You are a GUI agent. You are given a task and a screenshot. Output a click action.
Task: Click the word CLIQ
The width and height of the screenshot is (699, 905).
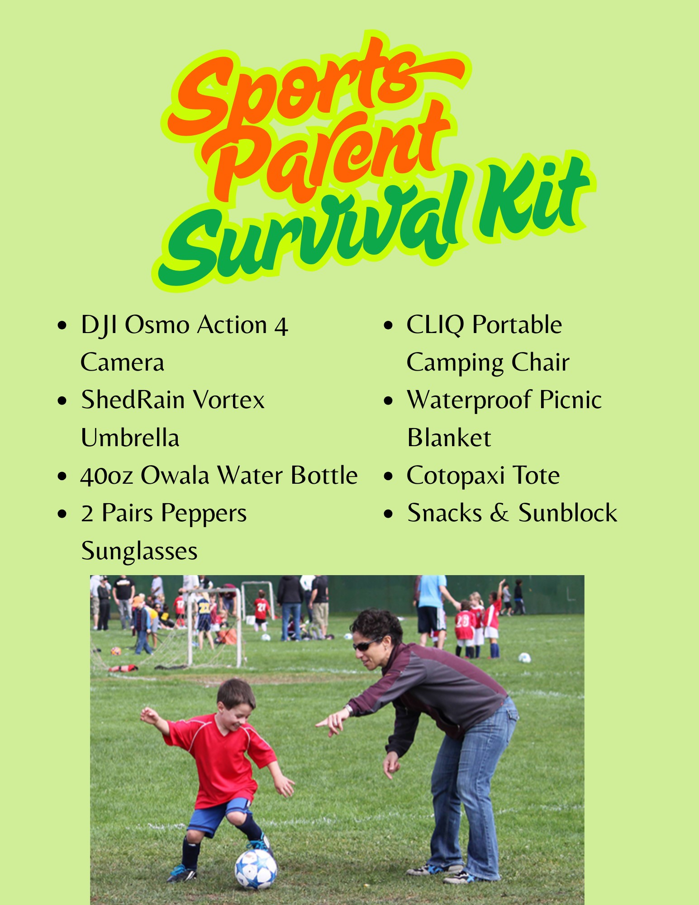coord(435,325)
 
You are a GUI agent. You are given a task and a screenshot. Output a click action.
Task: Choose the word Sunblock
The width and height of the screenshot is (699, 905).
coord(568,513)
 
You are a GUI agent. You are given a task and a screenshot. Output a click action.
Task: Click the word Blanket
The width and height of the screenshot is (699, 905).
coord(449,438)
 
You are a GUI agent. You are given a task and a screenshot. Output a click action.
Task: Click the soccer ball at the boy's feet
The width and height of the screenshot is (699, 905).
coord(256,868)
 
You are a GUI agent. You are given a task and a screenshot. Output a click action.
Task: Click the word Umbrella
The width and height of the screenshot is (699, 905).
coord(130,438)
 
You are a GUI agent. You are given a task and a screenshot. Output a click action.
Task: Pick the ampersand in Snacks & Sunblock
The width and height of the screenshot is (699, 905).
coord(499,514)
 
